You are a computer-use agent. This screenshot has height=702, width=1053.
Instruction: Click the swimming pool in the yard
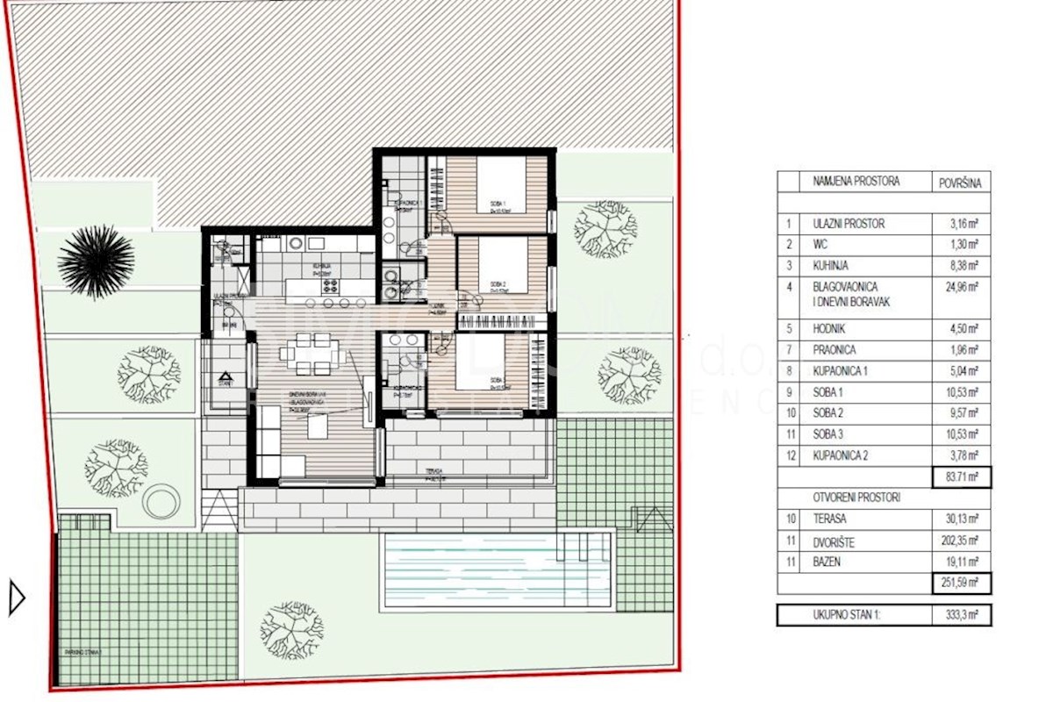coord(496,570)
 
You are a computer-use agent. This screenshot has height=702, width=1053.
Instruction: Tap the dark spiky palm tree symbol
coord(96,261)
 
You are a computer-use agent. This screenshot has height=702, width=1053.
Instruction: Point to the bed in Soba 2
coord(497,265)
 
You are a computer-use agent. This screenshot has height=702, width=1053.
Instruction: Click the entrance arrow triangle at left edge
coord(16,598)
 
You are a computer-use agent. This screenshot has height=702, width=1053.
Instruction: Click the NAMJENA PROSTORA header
coord(856,182)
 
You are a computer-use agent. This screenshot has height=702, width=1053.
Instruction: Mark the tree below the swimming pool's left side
coord(292,629)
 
